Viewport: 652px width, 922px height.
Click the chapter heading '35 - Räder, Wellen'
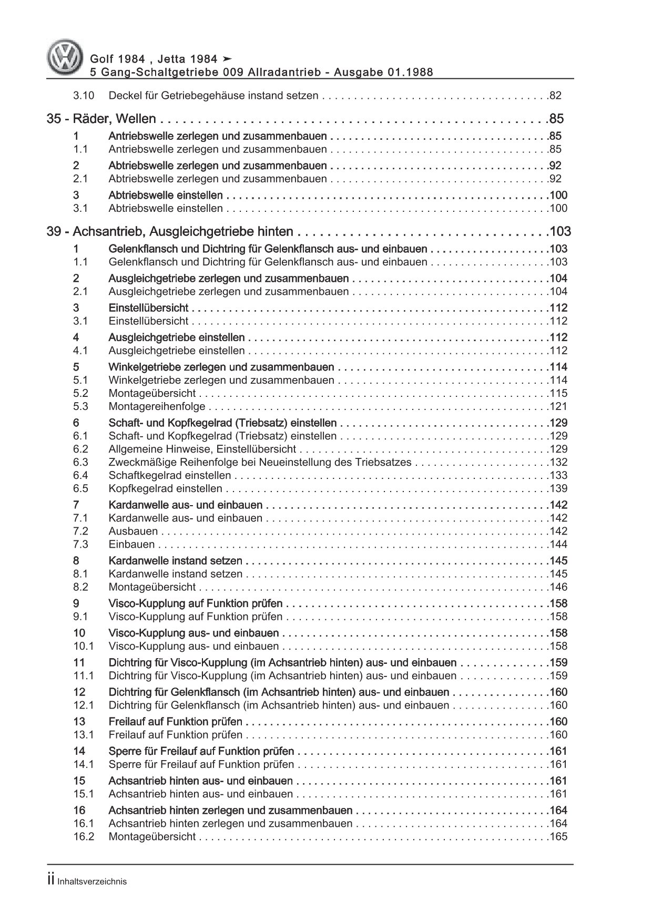point(102,119)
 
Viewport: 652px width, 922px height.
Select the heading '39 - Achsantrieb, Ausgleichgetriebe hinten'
point(170,232)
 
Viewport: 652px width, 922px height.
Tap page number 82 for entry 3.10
point(555,96)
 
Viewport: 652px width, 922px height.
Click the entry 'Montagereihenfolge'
point(157,406)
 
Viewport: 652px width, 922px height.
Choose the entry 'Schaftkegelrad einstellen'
point(169,475)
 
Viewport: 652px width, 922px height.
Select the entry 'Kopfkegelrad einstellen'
point(165,488)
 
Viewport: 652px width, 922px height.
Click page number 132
point(558,462)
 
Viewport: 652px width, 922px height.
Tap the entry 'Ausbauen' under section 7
point(133,531)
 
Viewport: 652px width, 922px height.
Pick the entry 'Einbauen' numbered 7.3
point(131,544)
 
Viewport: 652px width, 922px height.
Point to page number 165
point(558,836)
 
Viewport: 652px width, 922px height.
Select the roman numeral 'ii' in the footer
point(51,882)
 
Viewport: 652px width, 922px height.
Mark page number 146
point(558,587)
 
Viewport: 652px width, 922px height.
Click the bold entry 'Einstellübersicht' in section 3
point(148,308)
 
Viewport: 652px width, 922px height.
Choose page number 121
point(558,406)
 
